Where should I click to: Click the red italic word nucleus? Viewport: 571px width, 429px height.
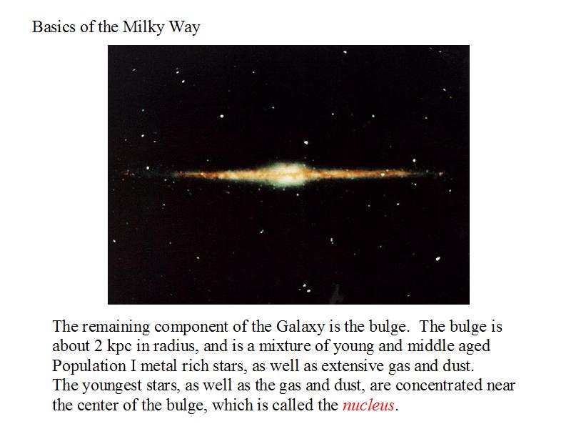pos(368,405)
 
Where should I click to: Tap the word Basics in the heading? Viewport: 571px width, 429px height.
pos(54,27)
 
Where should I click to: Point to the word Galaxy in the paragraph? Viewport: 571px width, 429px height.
pos(300,327)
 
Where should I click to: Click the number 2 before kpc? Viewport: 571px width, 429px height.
pos(98,346)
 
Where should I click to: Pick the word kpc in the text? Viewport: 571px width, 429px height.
pos(119,347)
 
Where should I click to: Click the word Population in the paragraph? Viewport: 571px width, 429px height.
pos(89,366)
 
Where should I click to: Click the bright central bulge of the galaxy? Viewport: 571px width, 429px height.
pos(288,174)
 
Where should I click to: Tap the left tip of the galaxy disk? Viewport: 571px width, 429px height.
pos(123,173)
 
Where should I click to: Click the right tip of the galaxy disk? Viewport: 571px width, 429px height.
pos(443,173)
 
